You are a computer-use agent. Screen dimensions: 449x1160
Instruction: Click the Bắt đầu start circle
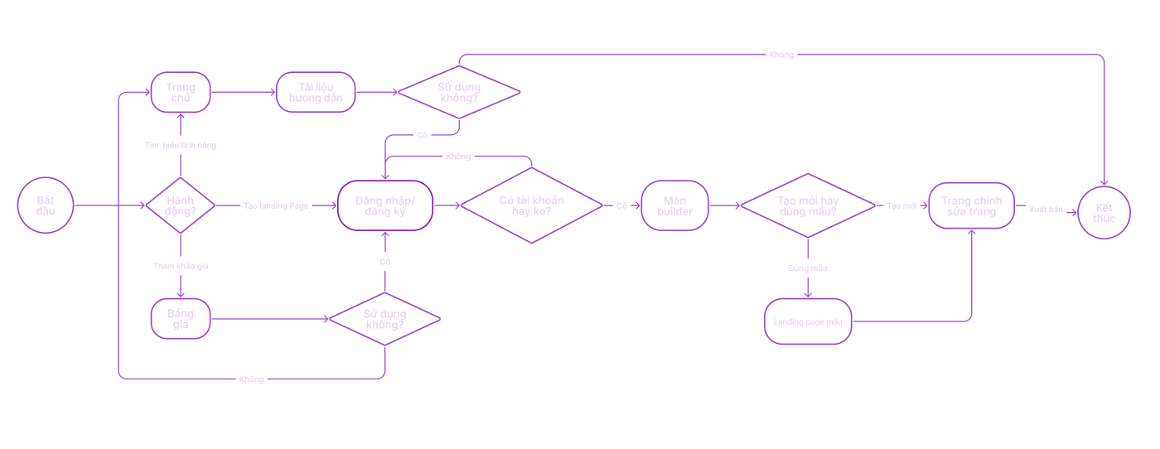[46, 205]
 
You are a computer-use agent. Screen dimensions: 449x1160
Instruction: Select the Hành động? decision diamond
[181, 205]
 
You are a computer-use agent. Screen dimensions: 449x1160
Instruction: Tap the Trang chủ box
[181, 92]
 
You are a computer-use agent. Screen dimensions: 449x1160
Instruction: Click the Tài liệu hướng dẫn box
[316, 92]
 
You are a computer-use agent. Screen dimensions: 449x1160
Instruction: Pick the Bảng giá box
[181, 319]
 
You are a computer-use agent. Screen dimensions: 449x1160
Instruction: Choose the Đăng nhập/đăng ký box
[385, 205]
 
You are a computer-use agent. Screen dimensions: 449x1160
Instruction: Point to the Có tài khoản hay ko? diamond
[531, 205]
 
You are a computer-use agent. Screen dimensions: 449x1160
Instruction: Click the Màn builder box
[674, 205]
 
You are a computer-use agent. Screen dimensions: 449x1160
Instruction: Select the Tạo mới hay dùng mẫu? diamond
[807, 205]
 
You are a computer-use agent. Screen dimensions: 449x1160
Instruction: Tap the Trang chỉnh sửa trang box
[971, 205]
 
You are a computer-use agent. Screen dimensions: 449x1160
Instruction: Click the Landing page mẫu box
[808, 321]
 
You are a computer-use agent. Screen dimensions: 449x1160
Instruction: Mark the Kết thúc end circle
[1104, 212]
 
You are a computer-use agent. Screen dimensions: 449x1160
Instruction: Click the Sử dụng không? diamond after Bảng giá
[384, 319]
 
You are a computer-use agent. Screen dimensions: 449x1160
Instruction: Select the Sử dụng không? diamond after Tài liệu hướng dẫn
[459, 92]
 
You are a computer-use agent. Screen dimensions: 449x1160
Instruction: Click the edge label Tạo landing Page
[276, 205]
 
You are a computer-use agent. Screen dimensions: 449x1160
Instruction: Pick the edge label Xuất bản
[1046, 210]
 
